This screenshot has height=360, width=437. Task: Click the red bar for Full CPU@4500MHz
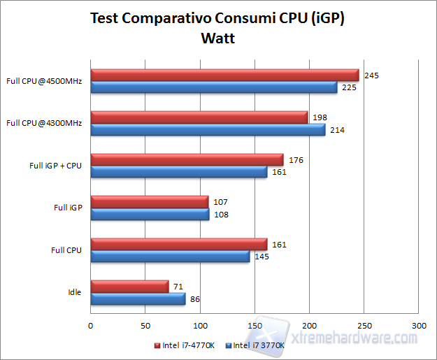point(224,75)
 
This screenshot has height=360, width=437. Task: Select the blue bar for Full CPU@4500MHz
point(213,87)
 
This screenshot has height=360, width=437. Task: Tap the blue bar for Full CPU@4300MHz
point(208,130)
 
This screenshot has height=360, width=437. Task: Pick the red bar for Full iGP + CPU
point(187,160)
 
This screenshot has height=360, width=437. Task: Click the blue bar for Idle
point(138,298)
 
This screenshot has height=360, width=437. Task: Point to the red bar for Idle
point(129,286)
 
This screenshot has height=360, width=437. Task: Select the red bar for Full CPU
point(178,244)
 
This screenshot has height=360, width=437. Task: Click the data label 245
point(372,75)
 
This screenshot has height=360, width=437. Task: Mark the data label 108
point(222,215)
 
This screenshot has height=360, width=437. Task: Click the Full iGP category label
point(68,208)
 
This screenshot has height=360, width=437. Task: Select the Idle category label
point(75,292)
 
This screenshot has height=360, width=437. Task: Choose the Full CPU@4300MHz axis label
point(44,123)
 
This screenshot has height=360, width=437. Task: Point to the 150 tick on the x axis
point(255,326)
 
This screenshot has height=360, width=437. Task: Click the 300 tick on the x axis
point(418,326)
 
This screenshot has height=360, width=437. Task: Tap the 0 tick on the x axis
point(91,326)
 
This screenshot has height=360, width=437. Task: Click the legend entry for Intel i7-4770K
point(187,345)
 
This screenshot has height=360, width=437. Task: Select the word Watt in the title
point(217,38)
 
